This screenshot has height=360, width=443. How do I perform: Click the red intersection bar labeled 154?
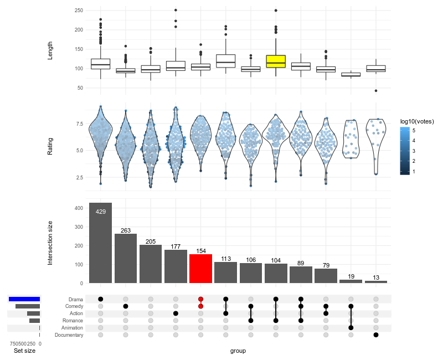200,269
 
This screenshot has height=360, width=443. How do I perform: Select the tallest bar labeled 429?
100,244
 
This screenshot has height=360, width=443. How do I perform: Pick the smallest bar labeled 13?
376,282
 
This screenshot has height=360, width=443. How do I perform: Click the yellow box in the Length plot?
276,61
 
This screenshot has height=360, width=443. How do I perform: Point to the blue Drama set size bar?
24,299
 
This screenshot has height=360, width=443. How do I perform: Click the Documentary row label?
69,335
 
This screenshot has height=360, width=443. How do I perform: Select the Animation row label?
72,328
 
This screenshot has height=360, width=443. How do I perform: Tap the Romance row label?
72,321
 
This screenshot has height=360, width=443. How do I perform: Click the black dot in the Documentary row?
376,335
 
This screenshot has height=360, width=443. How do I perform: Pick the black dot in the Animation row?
351,328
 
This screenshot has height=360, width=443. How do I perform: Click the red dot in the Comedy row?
200,306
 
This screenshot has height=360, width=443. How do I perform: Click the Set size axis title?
24,351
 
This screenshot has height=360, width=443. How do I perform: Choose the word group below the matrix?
238,351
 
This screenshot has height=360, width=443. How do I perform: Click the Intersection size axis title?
50,241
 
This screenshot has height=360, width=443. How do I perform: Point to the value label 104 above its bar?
276,260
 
